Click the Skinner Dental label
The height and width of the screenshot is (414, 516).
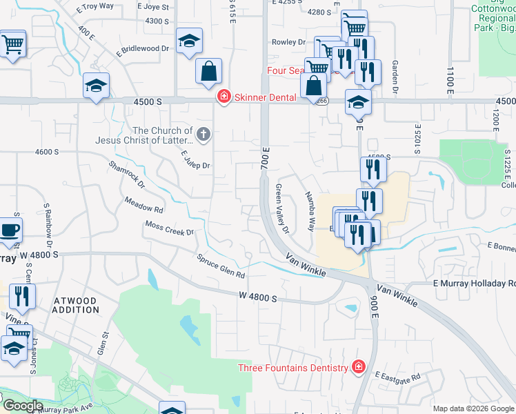point(266,97)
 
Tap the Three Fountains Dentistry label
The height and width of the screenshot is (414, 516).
point(293,368)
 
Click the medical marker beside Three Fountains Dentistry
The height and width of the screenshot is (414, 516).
point(357,367)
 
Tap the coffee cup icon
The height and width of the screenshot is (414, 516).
point(10,230)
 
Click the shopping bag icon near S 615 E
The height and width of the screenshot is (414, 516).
point(208,72)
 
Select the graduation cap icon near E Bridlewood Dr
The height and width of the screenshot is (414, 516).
point(97,86)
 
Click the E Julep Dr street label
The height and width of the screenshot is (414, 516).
point(195,161)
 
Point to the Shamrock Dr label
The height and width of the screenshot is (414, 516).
point(127,175)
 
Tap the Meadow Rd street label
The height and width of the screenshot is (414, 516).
point(143,204)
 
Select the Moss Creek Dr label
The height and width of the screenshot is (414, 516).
point(170,228)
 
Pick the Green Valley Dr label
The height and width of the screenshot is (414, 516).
point(282,207)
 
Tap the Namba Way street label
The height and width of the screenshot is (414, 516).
point(310,206)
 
